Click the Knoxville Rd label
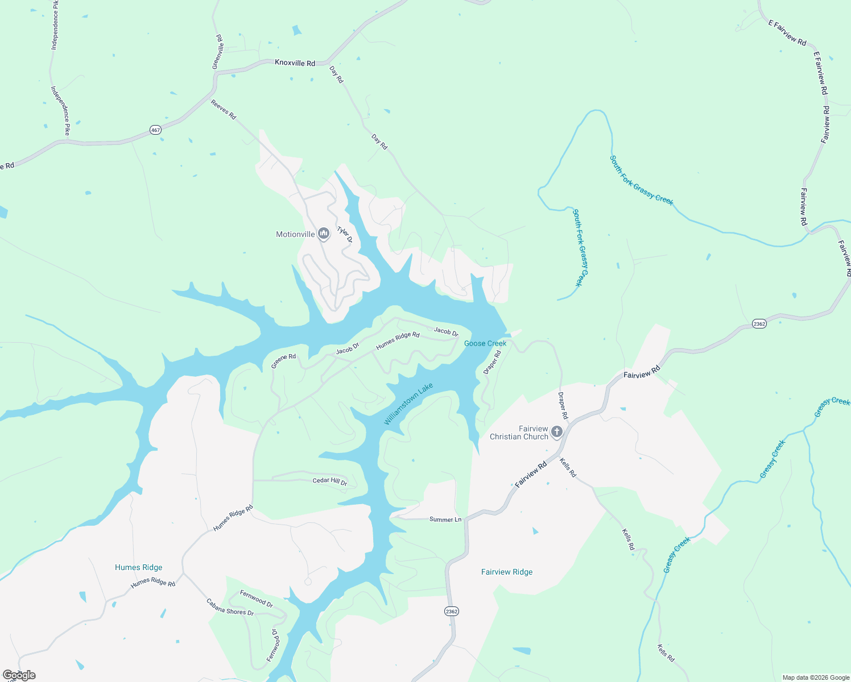[295, 63]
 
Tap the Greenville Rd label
[218, 52]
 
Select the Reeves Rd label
[224, 109]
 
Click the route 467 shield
[156, 130]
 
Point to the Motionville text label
[295, 234]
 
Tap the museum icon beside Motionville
[324, 234]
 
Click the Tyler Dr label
[345, 235]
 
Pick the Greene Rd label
[283, 361]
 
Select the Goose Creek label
[485, 343]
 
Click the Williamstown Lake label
[408, 404]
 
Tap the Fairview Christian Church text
[519, 433]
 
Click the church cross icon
[557, 432]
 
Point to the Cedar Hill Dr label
[330, 481]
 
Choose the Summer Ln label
[445, 519]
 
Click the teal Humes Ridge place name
[138, 567]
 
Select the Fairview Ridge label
[507, 572]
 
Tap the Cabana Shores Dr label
[230, 608]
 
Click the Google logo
[19, 675]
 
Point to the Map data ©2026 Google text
[816, 677]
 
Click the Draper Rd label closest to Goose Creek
[493, 362]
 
